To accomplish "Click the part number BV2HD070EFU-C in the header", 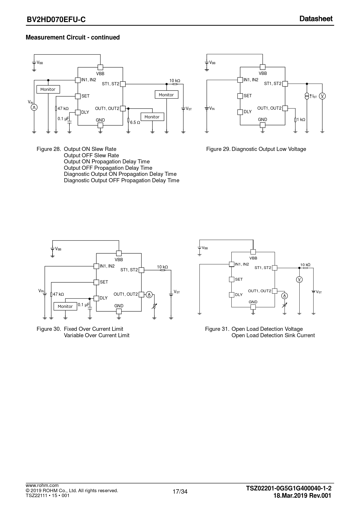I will tap(56, 19).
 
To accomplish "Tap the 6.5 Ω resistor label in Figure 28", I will tap(135, 122).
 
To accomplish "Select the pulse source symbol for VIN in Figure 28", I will tap(34, 107).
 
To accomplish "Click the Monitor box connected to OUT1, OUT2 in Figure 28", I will tap(152, 117).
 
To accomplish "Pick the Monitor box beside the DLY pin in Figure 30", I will tap(65, 306).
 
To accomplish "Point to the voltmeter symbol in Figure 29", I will tap(322, 96).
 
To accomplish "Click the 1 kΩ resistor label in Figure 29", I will tap(301, 120).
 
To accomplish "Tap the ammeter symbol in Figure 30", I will tap(149, 295).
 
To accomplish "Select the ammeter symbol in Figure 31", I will tap(285, 296).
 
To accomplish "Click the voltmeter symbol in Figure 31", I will tap(299, 279).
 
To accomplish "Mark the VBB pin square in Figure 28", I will tap(100, 67).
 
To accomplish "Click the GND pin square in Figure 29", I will tap(262, 125).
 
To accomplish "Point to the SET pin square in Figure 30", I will tap(96, 282).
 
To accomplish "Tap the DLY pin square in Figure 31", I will tap(231, 295).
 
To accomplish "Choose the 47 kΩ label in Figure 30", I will tap(58, 294).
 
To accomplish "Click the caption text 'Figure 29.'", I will tap(218, 149).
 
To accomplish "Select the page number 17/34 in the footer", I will tap(180, 492).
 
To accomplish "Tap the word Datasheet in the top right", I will tap(316, 19).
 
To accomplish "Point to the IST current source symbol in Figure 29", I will tap(307, 96).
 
